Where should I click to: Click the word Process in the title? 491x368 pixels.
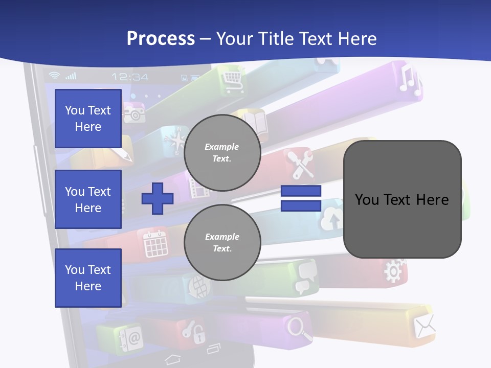pyautogui.click(x=161, y=38)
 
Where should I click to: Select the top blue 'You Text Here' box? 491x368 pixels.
pyautogui.click(x=88, y=119)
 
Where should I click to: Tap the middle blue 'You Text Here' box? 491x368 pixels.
pyautogui.click(x=88, y=199)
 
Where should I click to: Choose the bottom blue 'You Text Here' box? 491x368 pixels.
pyautogui.click(x=88, y=278)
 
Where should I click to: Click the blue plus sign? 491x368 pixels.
pyautogui.click(x=158, y=198)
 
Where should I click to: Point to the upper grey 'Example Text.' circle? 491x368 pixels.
pyautogui.click(x=222, y=153)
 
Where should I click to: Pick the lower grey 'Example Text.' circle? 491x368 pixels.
pyautogui.click(x=222, y=242)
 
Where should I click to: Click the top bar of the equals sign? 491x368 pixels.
pyautogui.click(x=301, y=191)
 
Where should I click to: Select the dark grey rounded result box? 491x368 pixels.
pyautogui.click(x=402, y=199)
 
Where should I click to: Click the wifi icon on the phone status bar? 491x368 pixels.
pyautogui.click(x=54, y=76)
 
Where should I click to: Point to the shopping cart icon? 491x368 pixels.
pyautogui.click(x=232, y=78)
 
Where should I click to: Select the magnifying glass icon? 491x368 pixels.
pyautogui.click(x=300, y=328)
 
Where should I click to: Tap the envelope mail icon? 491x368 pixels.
pyautogui.click(x=425, y=326)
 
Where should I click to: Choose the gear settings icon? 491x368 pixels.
pyautogui.click(x=394, y=270)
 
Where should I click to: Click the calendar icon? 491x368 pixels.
pyautogui.click(x=155, y=243)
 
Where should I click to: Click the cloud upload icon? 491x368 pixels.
pyautogui.click(x=331, y=219)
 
